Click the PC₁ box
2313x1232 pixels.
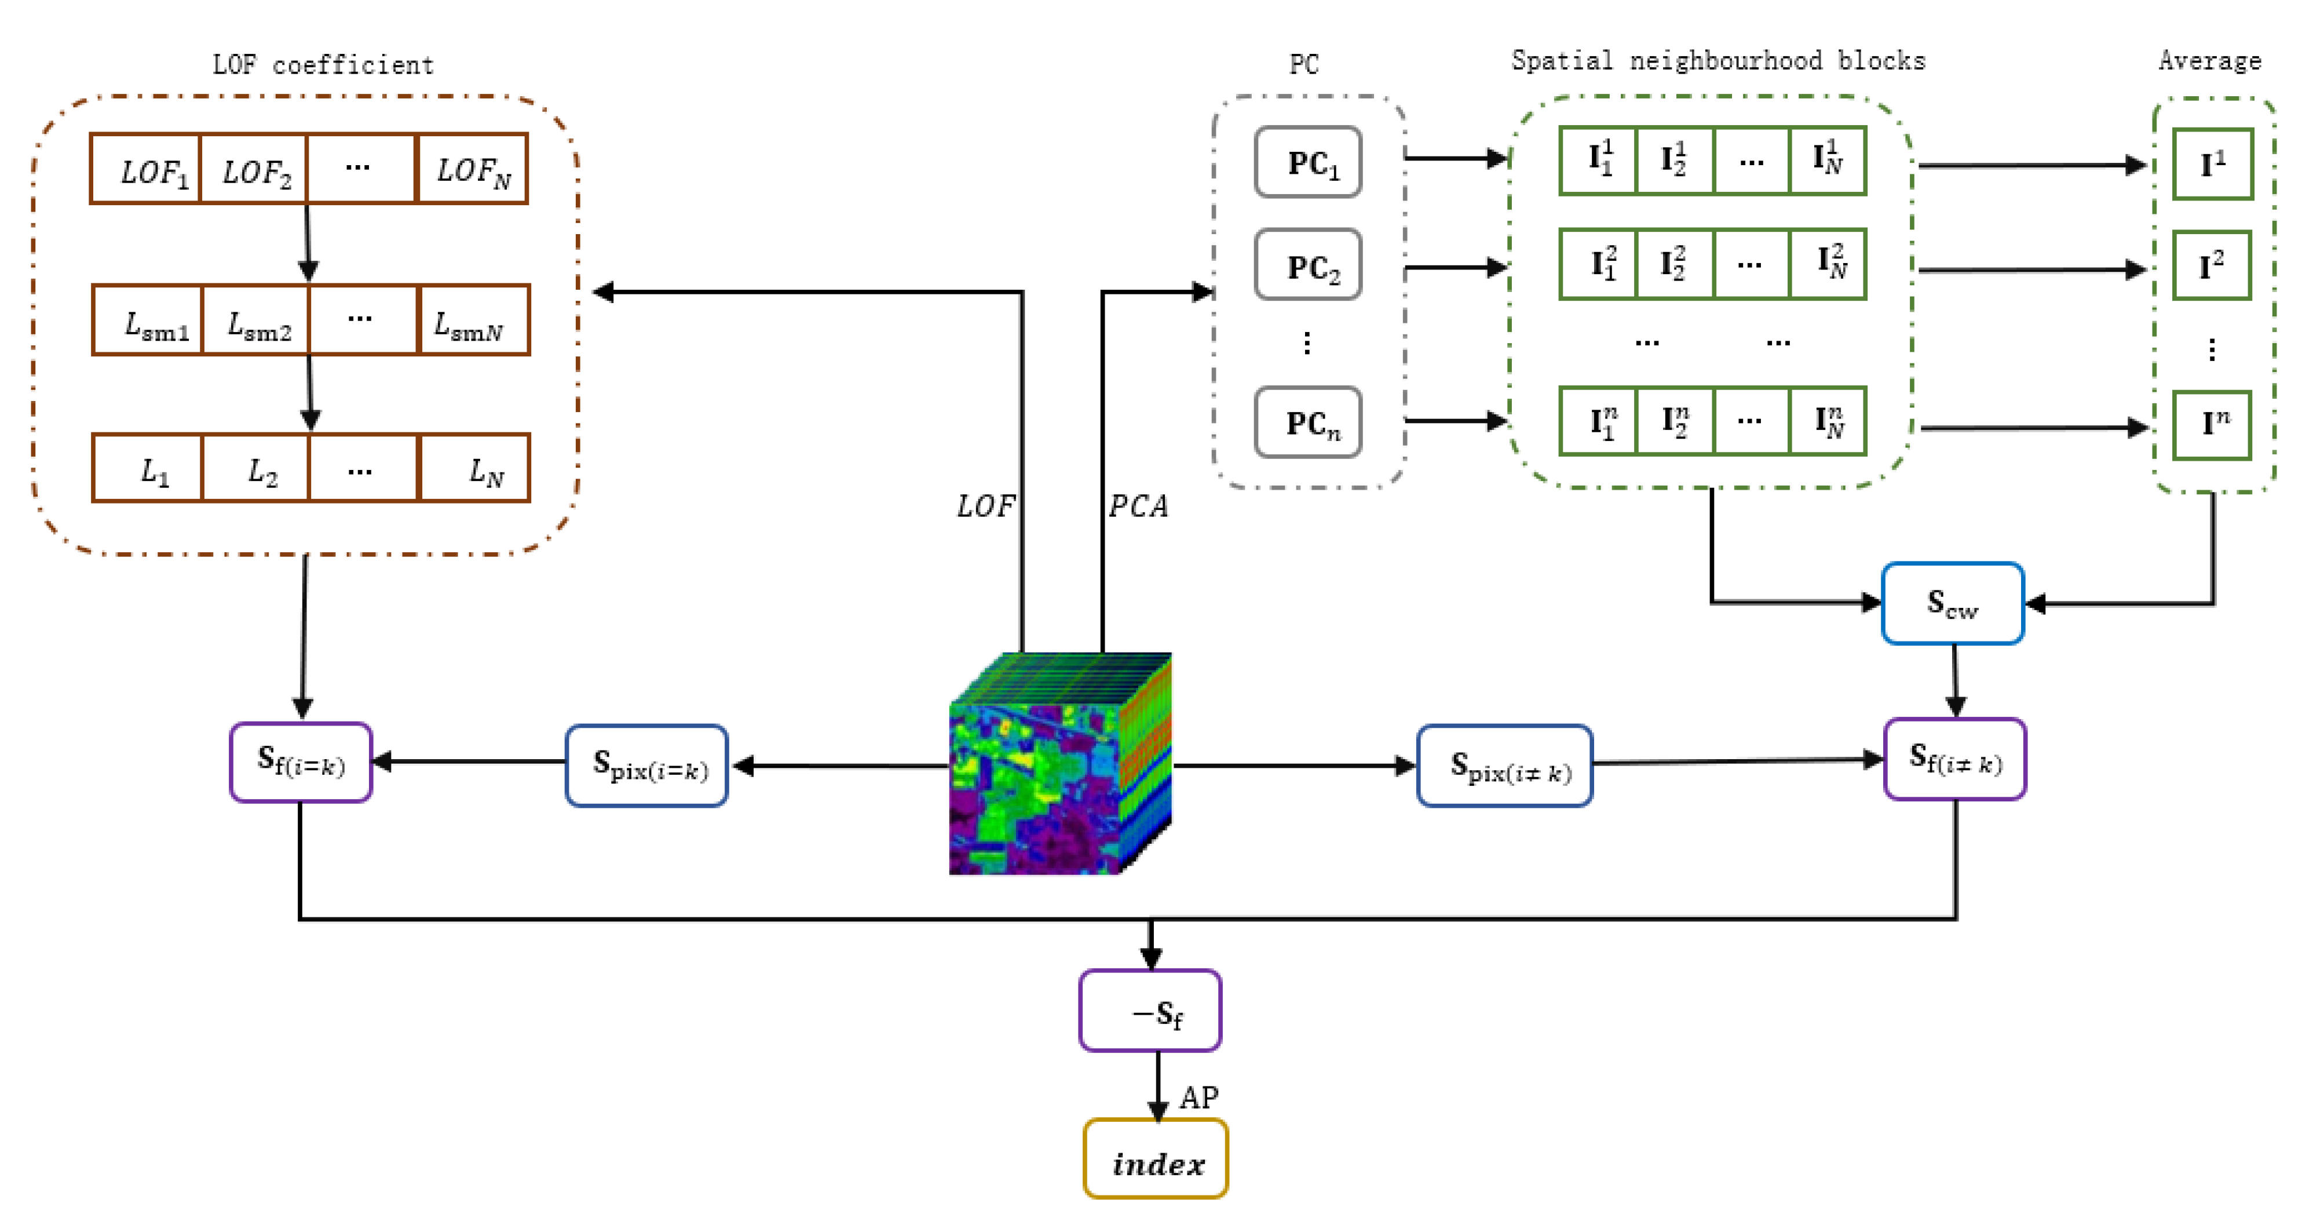tap(1308, 162)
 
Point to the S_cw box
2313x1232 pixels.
tap(1952, 603)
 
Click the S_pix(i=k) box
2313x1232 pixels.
tap(646, 766)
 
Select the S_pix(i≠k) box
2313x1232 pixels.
tap(1505, 766)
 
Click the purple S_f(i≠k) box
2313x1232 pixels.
tap(1955, 760)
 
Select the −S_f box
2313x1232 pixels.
tap(1150, 1011)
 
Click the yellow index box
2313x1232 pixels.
tap(1156, 1160)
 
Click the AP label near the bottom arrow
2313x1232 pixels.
tap(1198, 1098)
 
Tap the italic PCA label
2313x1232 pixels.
tap(1138, 506)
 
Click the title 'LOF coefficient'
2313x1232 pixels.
tap(323, 65)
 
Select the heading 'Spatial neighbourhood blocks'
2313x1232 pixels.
tap(1718, 61)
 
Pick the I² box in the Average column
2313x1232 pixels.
tap(2212, 266)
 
